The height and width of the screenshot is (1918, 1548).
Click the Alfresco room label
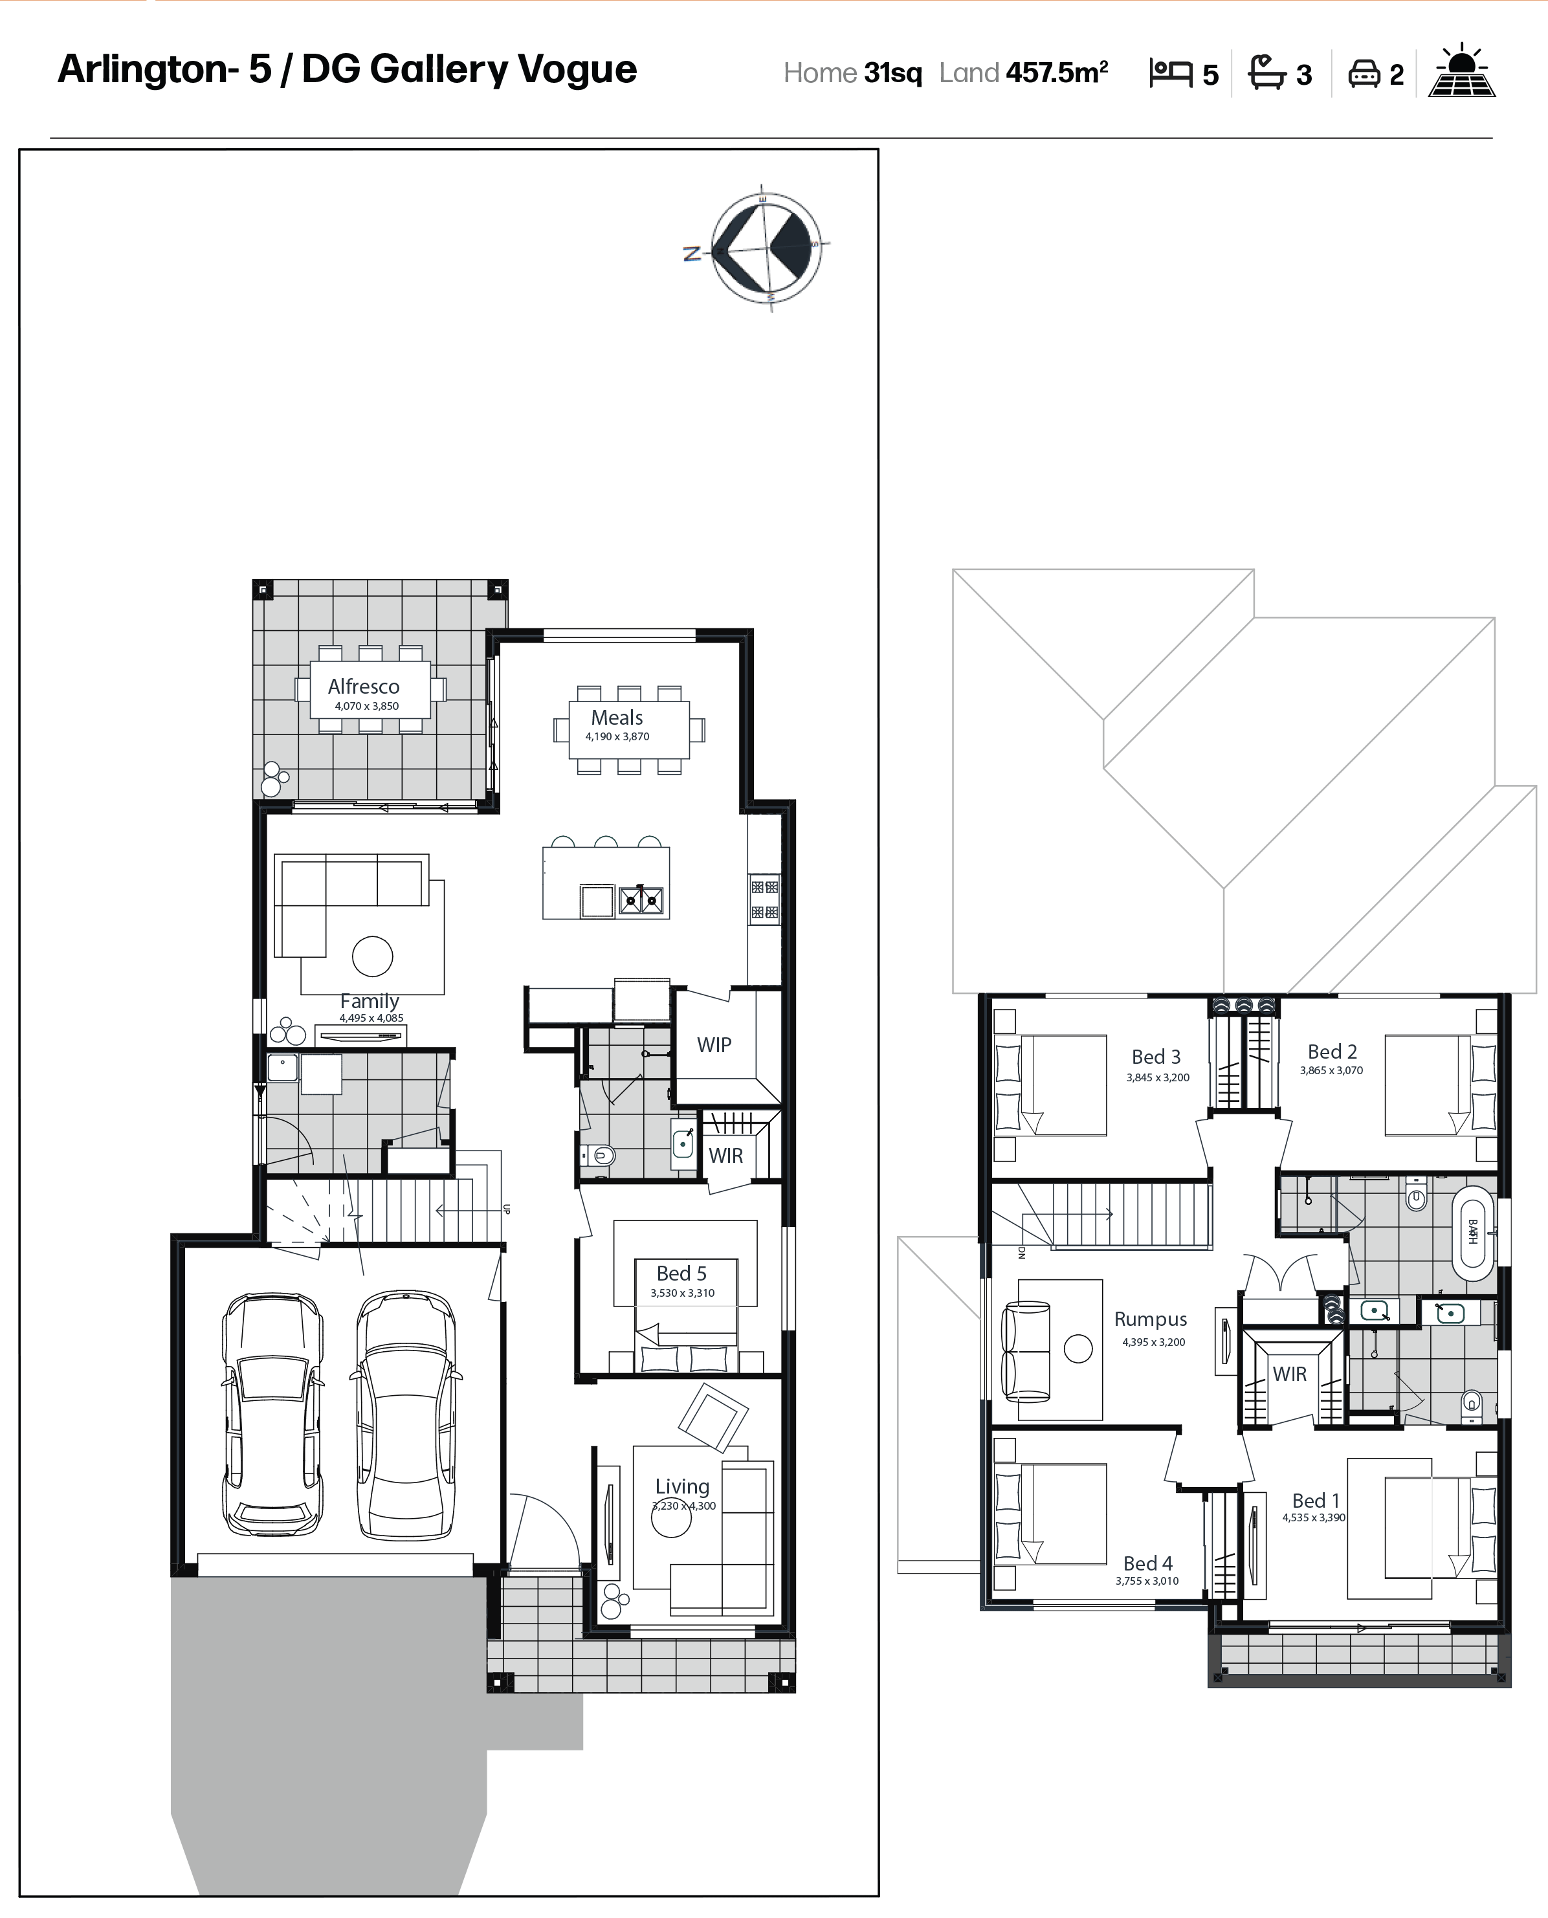point(363,687)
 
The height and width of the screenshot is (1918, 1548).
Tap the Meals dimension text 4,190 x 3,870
point(617,736)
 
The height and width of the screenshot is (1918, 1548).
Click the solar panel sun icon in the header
point(1461,71)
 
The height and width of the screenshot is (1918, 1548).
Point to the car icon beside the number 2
point(1364,73)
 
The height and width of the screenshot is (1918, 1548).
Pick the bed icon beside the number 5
point(1171,72)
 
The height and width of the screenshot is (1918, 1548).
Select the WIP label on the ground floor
point(714,1045)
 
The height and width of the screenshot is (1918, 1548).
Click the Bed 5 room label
point(681,1273)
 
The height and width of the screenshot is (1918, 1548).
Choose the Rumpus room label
point(1150,1319)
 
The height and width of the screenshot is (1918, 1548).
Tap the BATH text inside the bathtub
point(1472,1231)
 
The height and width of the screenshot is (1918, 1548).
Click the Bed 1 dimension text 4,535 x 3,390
point(1314,1517)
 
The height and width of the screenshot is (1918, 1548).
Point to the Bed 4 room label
point(1147,1563)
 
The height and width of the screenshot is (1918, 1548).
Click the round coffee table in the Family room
point(373,957)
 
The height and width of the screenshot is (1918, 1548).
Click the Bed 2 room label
point(1332,1052)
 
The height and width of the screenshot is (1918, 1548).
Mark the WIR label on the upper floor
point(1289,1374)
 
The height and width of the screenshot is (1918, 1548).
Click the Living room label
point(682,1486)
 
